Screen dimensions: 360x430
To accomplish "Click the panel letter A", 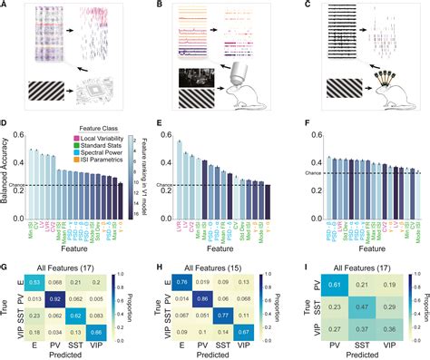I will click(5, 5).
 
